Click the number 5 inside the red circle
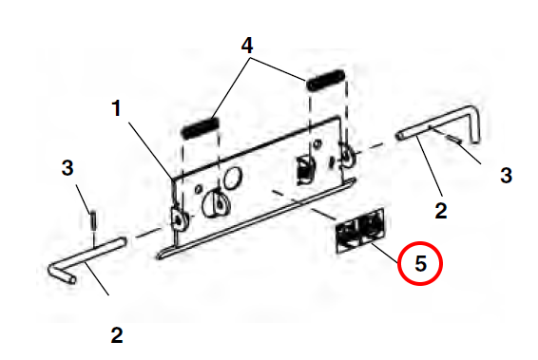(x=421, y=264)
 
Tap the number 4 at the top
(x=247, y=46)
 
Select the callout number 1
(x=117, y=108)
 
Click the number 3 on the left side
(x=67, y=168)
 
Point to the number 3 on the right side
(x=506, y=175)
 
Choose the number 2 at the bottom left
(x=117, y=335)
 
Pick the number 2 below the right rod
(x=441, y=211)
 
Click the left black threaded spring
(x=201, y=127)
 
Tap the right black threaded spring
(x=326, y=81)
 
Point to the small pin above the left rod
(x=93, y=221)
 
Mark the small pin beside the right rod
(x=454, y=139)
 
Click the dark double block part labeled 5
(x=360, y=231)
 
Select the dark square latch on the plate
(x=305, y=170)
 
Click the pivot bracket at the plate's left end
(x=179, y=219)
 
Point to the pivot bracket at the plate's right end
(x=347, y=155)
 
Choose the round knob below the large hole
(x=216, y=204)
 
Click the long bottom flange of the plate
(x=257, y=218)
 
